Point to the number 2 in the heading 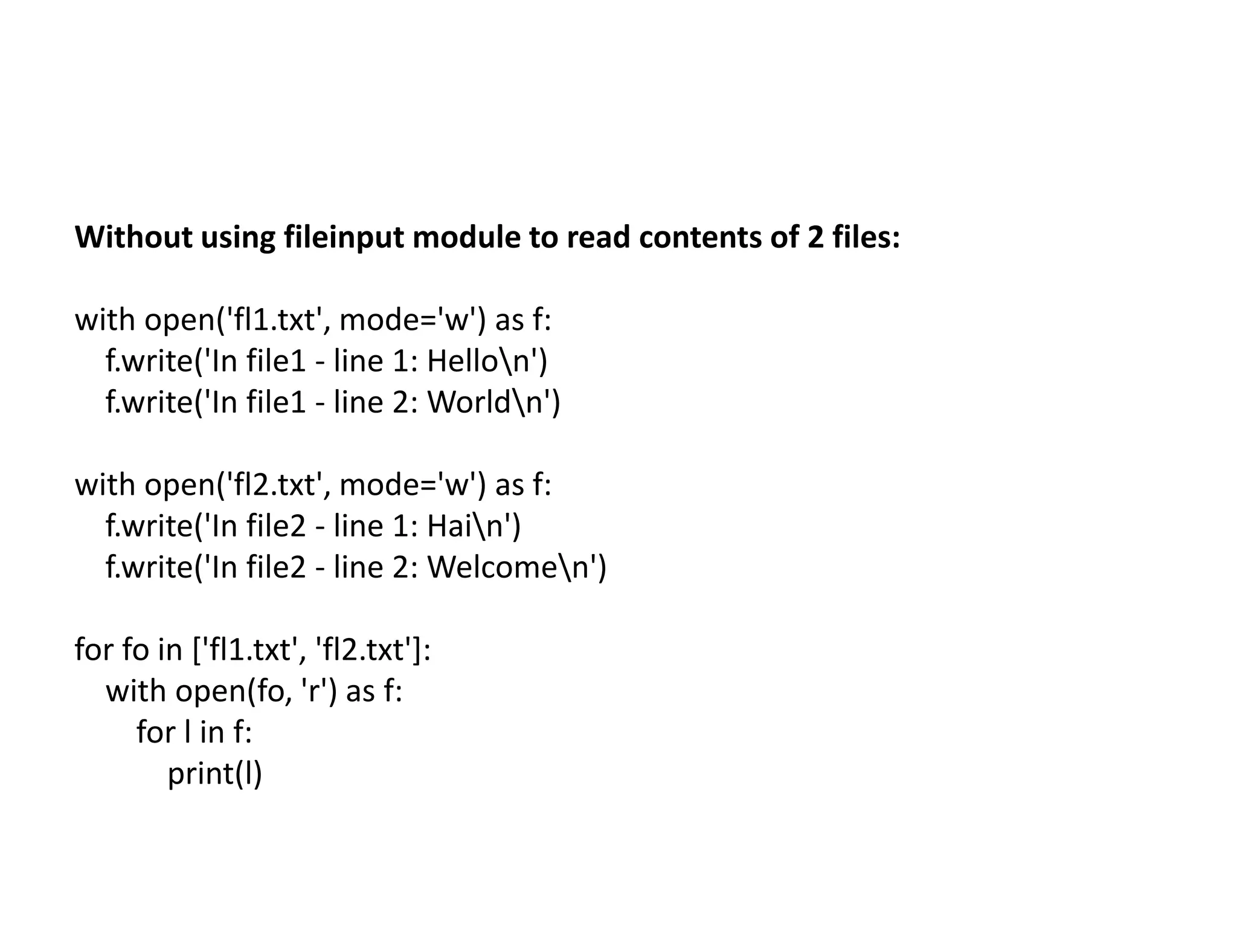point(815,237)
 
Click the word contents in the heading point(701,237)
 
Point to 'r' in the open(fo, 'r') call point(313,691)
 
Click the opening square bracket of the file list point(197,650)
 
